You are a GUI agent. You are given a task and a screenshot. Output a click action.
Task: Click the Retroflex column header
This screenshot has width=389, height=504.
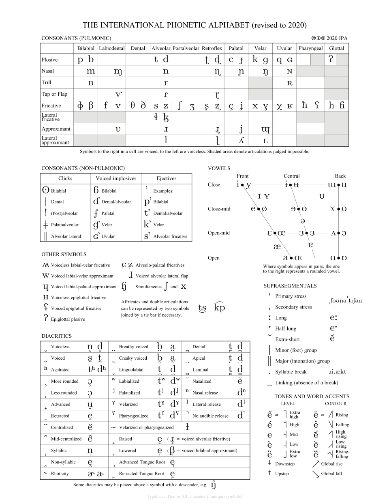(212, 48)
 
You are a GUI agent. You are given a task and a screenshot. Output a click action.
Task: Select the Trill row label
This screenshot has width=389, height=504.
(47, 82)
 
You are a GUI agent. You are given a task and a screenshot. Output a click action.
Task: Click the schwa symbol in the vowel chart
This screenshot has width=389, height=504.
(302, 221)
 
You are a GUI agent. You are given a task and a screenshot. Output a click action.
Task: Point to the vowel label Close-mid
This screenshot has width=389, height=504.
(219, 209)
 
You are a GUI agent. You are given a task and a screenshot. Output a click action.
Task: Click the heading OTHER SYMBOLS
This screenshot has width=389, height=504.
(64, 254)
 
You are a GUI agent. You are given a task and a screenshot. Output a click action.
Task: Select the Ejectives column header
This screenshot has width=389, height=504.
(167, 178)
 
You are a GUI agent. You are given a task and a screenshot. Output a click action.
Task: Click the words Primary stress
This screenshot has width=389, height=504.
(291, 296)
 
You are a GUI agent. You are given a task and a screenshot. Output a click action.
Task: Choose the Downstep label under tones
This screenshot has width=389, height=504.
(285, 464)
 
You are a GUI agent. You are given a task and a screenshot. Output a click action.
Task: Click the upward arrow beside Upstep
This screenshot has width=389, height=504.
(269, 473)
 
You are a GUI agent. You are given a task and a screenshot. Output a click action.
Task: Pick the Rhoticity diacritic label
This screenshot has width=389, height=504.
(60, 474)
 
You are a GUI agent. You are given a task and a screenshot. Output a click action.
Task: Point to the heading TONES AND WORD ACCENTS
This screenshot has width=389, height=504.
(312, 396)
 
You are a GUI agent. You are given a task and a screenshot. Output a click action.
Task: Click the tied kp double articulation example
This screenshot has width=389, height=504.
(219, 308)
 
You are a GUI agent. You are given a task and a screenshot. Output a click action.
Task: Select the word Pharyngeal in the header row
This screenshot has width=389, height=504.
(310, 48)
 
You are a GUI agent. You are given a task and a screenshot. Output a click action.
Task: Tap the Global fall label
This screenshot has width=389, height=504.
(331, 474)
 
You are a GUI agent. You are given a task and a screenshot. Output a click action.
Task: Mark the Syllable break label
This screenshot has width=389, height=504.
(291, 372)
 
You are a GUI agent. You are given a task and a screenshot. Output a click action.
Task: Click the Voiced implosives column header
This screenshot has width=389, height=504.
(116, 178)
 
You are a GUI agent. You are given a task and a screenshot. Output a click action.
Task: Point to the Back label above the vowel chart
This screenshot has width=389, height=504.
(340, 176)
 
